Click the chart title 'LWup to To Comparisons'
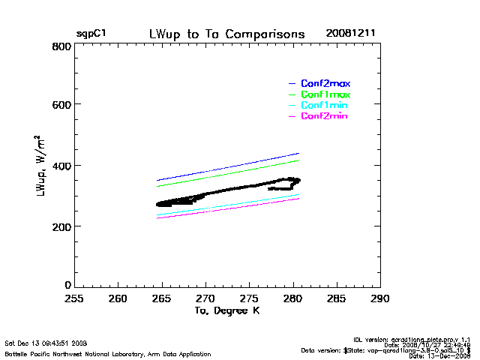[x=227, y=34]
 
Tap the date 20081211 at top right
[x=350, y=34]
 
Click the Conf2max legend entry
[x=325, y=82]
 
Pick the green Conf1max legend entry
[x=325, y=94]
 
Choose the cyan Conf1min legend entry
[x=324, y=106]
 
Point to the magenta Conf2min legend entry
[x=324, y=116]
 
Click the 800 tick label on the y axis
[x=61, y=46]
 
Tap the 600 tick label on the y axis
[x=61, y=105]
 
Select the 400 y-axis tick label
[x=61, y=166]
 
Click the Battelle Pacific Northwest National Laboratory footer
[x=108, y=353]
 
